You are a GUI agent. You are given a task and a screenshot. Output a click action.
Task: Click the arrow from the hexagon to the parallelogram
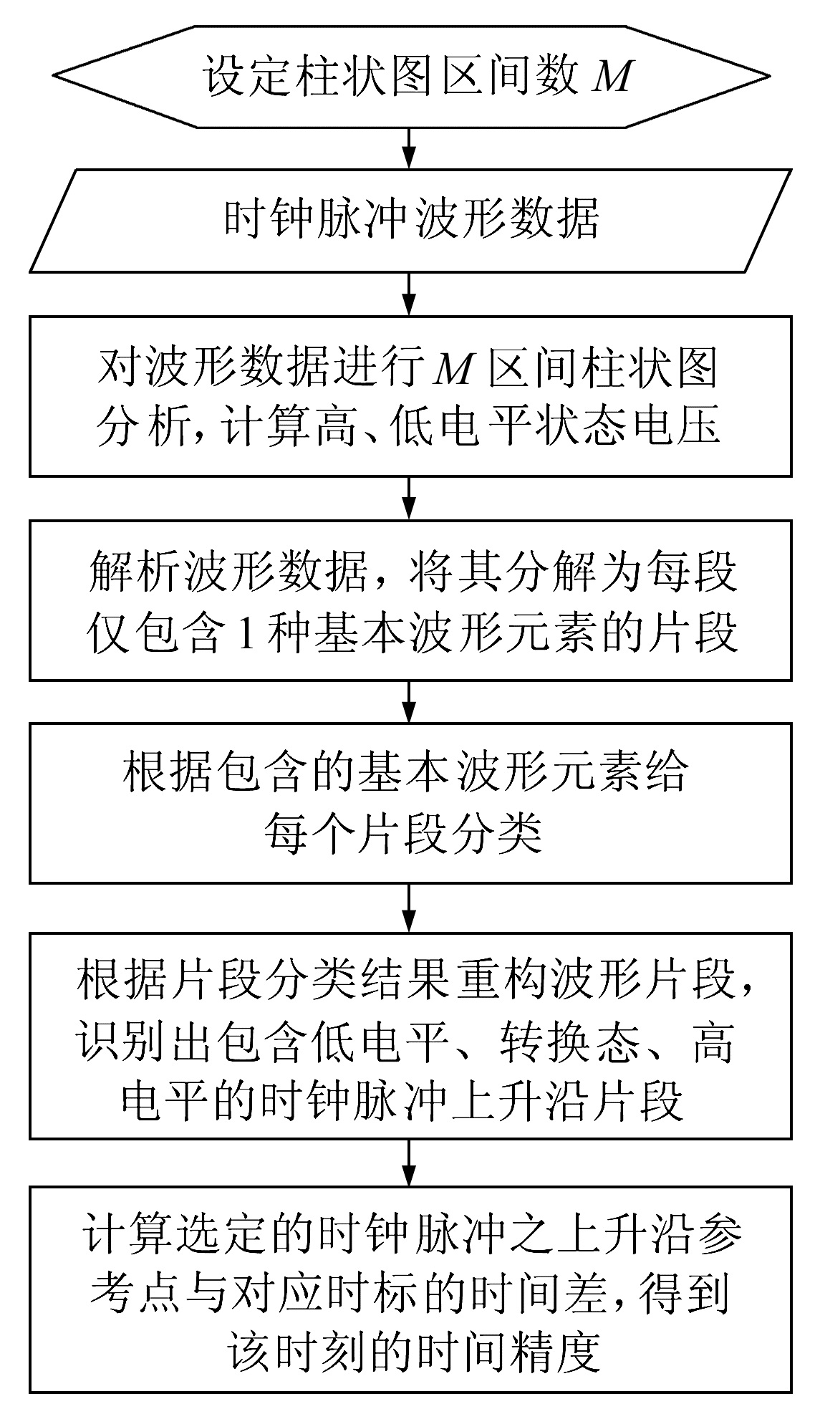[409, 148]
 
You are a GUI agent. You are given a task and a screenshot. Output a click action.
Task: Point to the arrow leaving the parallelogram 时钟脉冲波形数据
[409, 294]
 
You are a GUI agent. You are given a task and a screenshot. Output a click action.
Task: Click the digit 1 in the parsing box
[246, 633]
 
